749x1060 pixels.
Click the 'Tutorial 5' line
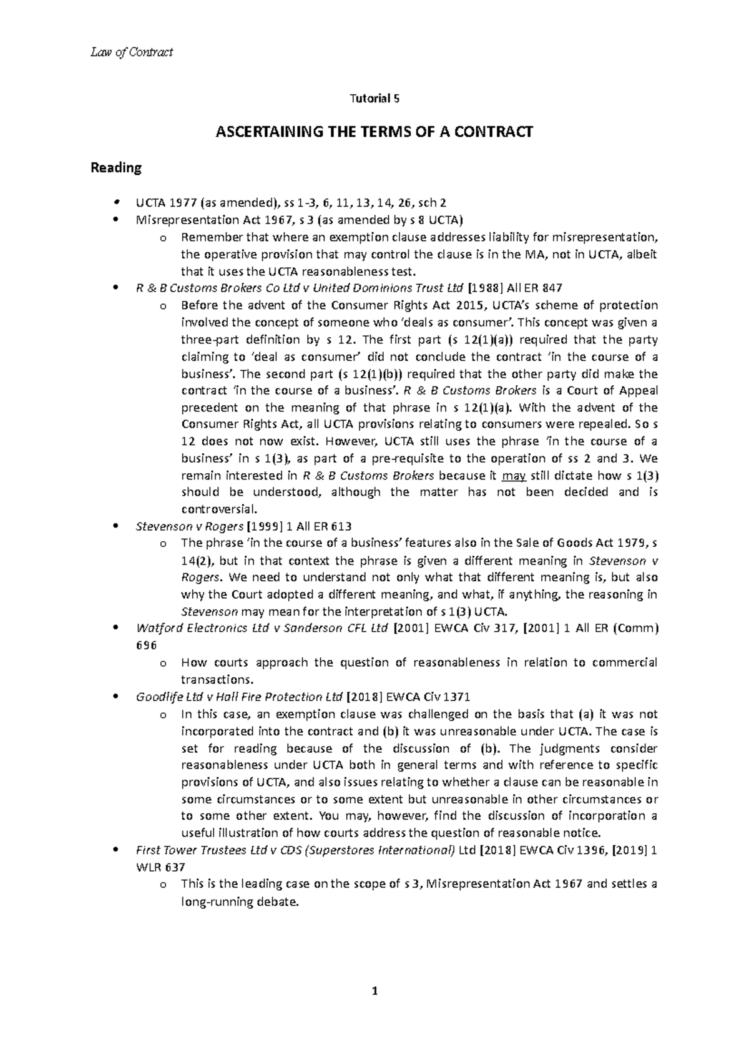pos(374,99)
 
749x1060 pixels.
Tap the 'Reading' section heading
pos(116,168)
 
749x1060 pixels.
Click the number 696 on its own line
pos(147,645)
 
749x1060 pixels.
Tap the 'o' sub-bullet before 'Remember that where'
pos(164,238)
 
